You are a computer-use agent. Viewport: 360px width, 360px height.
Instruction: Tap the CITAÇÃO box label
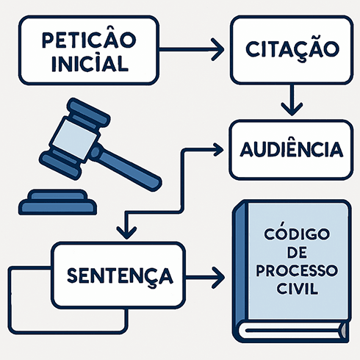(x=292, y=49)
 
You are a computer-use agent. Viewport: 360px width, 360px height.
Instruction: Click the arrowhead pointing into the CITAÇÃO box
(x=217, y=50)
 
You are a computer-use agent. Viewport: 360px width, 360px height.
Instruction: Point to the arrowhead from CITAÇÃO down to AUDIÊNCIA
(x=292, y=108)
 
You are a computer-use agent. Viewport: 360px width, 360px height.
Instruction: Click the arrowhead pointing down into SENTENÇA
(x=127, y=231)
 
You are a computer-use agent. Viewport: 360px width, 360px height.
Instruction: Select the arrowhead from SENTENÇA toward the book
(x=217, y=277)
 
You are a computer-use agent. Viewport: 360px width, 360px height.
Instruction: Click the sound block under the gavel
(x=55, y=202)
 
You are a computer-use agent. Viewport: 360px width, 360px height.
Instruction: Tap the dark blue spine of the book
(x=238, y=272)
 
